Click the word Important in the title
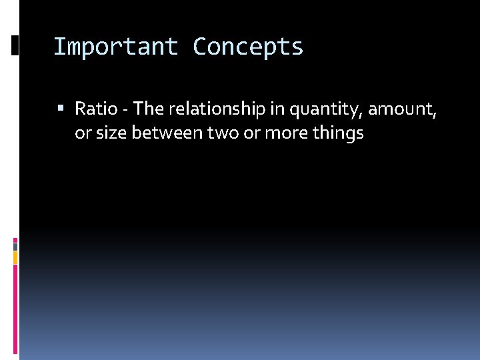[x=115, y=47]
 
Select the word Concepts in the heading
[x=248, y=47]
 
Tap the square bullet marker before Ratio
[x=61, y=108]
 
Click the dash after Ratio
[x=125, y=109]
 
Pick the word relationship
[x=211, y=108]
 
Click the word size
[x=111, y=133]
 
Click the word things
[x=337, y=133]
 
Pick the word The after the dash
[x=148, y=108]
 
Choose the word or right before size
[x=82, y=133]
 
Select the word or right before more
[x=251, y=133]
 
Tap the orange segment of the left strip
[x=15, y=257]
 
